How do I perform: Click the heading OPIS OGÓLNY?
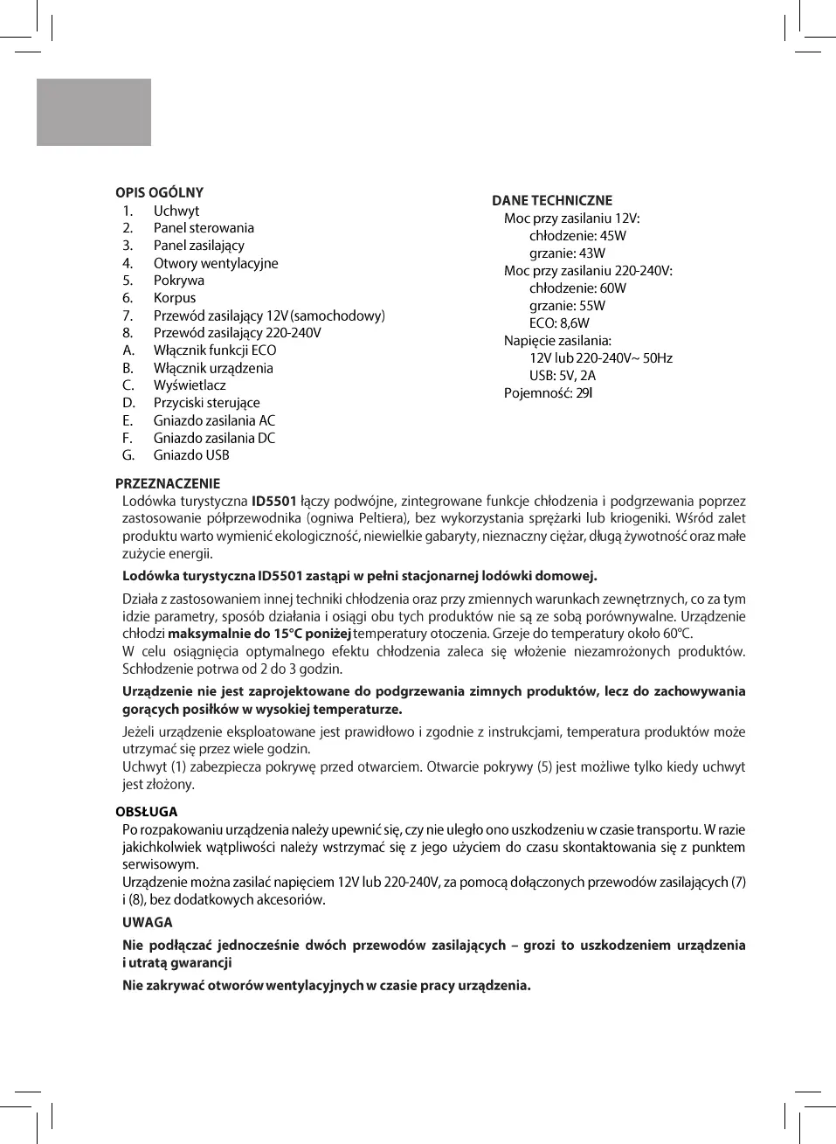159,193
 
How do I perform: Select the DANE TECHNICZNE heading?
551,201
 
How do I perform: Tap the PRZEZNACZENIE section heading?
168,483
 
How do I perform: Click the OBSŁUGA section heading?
146,812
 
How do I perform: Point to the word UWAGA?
148,922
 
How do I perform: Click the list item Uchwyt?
176,211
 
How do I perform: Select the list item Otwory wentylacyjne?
216,263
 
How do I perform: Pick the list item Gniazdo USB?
191,455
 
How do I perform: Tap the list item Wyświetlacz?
190,385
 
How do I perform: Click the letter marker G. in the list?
128,455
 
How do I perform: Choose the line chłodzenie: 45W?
577,236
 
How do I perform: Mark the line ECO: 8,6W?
559,323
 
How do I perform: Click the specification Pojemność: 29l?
548,393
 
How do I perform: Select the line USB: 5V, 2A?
563,376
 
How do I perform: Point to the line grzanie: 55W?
567,306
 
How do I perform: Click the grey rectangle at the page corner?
93,112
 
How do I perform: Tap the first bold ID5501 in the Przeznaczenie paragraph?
273,502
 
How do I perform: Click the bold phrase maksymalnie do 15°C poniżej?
259,634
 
